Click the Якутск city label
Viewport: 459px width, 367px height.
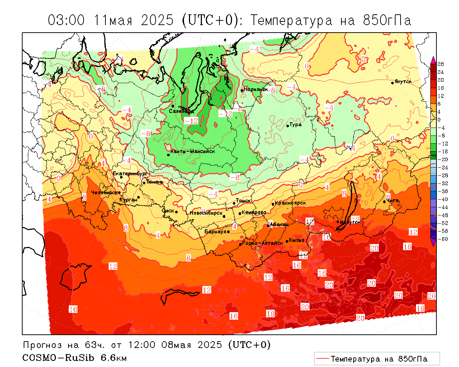click(x=403, y=82)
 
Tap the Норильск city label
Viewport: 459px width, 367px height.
click(x=256, y=89)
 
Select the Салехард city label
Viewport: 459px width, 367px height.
click(x=181, y=111)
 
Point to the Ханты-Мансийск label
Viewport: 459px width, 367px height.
click(x=193, y=151)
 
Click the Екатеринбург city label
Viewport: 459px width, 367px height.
click(x=130, y=173)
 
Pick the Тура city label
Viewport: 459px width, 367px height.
click(x=295, y=125)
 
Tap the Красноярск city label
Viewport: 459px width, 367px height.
click(x=290, y=203)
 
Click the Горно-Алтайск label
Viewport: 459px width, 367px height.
click(x=263, y=243)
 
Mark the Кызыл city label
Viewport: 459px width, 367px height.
click(x=297, y=240)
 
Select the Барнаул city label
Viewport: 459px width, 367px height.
click(x=215, y=232)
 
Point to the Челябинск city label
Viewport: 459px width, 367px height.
click(x=104, y=193)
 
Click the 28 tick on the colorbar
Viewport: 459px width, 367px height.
click(x=441, y=64)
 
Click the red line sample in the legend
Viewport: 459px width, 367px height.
click(x=323, y=358)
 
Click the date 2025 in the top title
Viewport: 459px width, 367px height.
click(x=157, y=20)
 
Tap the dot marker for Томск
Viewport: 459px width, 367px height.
click(x=234, y=203)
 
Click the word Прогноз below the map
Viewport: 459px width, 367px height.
click(x=43, y=345)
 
